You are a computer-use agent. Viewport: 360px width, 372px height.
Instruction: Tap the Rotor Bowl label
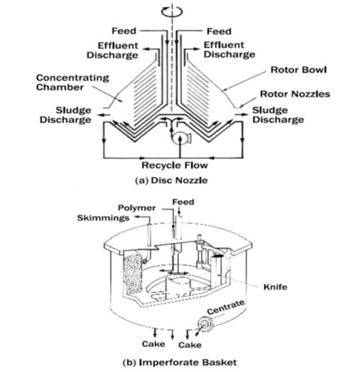[299, 70]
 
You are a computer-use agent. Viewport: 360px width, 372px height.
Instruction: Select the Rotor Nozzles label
[295, 94]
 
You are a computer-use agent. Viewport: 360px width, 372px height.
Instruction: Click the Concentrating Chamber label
[73, 82]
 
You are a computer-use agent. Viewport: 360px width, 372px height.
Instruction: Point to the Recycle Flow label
[174, 165]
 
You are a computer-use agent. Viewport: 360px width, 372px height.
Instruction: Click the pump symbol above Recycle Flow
[181, 138]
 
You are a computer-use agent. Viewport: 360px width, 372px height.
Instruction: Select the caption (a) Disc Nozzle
[171, 180]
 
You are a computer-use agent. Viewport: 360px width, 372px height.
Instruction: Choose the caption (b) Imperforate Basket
[179, 362]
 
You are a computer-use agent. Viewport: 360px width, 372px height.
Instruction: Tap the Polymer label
[137, 208]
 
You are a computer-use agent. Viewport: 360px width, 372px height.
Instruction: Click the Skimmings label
[103, 218]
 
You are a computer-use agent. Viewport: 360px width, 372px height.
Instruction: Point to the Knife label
[276, 287]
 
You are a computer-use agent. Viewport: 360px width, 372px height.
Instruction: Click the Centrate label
[226, 307]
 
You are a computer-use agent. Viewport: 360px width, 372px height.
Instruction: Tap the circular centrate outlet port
[205, 324]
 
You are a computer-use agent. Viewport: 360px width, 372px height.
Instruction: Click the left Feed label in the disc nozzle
[124, 31]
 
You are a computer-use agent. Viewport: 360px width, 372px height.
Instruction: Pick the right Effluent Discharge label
[229, 50]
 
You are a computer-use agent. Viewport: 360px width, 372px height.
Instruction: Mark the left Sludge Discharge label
[65, 115]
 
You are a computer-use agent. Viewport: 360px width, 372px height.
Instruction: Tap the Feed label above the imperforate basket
[183, 202]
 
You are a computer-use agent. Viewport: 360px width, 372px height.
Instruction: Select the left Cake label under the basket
[154, 344]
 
